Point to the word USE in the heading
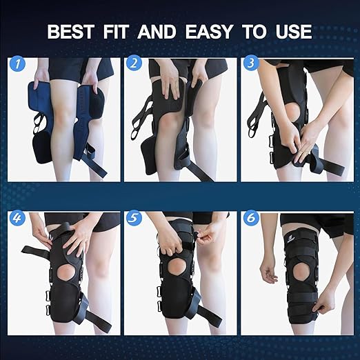point(292,32)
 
